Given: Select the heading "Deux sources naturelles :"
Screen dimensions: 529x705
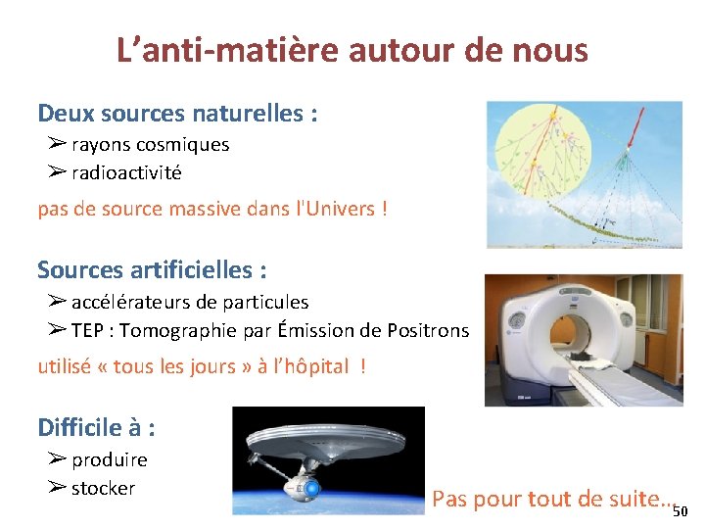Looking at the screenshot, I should click(177, 114).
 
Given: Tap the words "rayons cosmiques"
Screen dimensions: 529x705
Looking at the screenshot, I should click(150, 145).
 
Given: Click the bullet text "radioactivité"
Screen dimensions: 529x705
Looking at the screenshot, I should click(126, 173).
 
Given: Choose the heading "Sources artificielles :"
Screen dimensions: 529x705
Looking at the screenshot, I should click(152, 269).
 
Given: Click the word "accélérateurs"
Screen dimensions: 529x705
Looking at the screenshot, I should click(135, 303).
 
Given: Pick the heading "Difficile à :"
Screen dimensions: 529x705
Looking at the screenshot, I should click(97, 428).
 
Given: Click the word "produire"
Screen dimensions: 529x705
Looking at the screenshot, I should click(110, 460).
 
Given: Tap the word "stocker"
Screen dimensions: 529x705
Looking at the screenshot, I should click(103, 488).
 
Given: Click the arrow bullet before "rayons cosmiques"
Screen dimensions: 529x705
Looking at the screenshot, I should click(56, 144).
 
